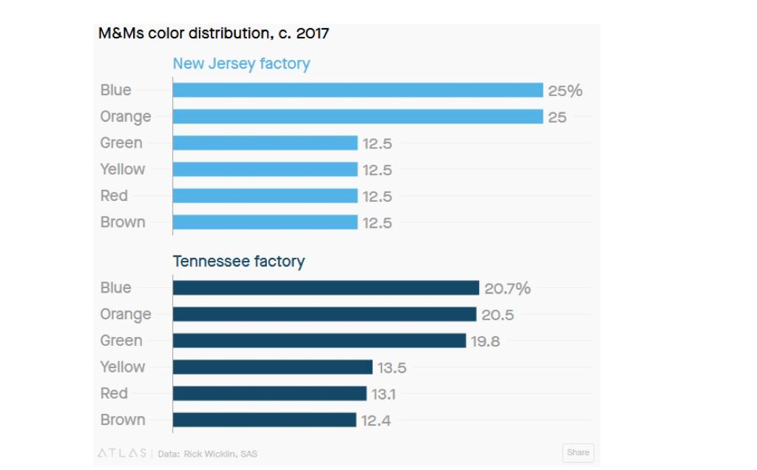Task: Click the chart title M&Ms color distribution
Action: (214, 34)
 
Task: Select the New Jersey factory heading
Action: (241, 64)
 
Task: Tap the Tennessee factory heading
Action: (238, 262)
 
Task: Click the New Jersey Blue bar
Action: (358, 90)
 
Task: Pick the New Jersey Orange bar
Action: (358, 117)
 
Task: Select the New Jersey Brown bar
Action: (265, 222)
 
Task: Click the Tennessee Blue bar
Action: (326, 288)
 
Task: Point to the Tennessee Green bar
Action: (319, 341)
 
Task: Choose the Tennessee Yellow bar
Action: (272, 367)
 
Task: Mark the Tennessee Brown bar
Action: (264, 420)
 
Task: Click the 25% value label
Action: (565, 91)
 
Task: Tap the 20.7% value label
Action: (507, 289)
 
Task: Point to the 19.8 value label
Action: (486, 341)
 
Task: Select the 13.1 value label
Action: (384, 395)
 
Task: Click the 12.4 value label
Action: (376, 420)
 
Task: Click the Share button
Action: (578, 452)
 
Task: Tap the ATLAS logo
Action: (122, 453)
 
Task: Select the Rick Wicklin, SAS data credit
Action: (220, 454)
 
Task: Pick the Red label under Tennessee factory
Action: (114, 393)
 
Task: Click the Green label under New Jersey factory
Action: (121, 143)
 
